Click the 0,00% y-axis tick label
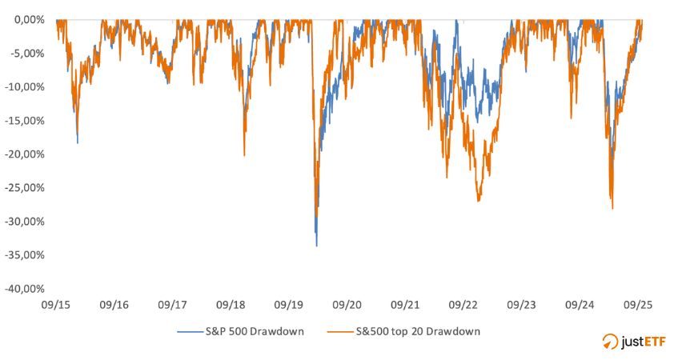point(29,19)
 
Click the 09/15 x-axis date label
point(56,305)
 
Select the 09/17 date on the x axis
point(172,305)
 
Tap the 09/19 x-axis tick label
point(288,305)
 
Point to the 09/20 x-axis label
point(347,305)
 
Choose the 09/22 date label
point(463,305)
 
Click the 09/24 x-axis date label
point(580,305)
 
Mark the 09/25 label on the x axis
point(638,305)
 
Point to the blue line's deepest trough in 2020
point(316,246)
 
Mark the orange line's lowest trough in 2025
point(612,209)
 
